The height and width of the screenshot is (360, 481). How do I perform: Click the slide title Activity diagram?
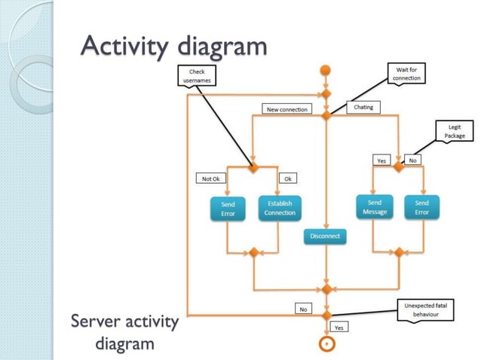click(x=174, y=47)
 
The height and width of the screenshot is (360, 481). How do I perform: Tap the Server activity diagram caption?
click(x=124, y=332)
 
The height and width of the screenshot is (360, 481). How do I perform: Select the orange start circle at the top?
click(x=326, y=71)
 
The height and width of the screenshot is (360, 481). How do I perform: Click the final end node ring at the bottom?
click(x=326, y=343)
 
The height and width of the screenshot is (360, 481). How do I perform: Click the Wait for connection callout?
click(x=407, y=73)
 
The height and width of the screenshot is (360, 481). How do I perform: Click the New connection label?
click(x=287, y=109)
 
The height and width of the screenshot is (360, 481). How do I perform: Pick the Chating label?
click(x=363, y=108)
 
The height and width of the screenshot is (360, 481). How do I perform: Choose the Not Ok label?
click(x=210, y=178)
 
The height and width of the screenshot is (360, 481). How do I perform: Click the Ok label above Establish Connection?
click(x=287, y=178)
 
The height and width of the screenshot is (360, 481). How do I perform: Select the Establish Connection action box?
click(x=280, y=208)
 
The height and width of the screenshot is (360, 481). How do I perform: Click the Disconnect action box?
click(x=325, y=236)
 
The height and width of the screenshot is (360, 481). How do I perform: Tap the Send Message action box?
click(x=374, y=207)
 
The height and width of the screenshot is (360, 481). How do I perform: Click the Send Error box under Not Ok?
click(x=228, y=209)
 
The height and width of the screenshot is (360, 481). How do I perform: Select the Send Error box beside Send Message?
click(x=421, y=207)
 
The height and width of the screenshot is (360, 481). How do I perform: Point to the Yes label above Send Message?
click(x=381, y=160)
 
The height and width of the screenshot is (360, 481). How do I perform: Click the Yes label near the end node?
click(x=339, y=328)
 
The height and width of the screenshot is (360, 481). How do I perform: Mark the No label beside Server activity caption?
click(x=303, y=309)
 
